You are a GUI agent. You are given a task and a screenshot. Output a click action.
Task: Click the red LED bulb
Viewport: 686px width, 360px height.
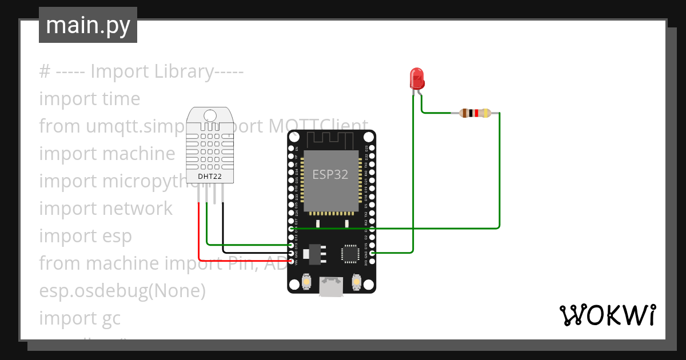(x=417, y=78)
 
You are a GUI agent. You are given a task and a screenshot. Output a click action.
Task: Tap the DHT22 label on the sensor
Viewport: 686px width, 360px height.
(x=210, y=177)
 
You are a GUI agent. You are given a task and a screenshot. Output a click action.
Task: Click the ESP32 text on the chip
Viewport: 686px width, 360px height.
(x=330, y=174)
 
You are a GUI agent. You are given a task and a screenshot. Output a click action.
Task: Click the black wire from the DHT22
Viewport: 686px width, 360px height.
(x=223, y=229)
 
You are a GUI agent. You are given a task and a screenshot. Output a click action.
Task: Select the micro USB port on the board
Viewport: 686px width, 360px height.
(x=332, y=286)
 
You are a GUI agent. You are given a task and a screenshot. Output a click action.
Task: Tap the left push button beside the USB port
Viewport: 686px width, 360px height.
(x=307, y=282)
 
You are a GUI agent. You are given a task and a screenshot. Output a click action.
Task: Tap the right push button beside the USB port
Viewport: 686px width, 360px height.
(x=356, y=282)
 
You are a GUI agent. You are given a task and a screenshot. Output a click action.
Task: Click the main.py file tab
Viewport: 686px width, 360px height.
(x=88, y=25)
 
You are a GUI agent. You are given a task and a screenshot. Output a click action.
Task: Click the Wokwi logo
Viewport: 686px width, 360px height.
(x=607, y=315)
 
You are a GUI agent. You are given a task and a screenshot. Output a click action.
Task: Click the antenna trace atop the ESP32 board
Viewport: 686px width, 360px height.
(x=332, y=139)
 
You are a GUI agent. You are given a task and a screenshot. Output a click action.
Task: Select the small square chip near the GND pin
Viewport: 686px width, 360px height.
(x=349, y=253)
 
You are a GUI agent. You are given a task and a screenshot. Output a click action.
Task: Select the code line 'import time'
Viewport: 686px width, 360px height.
(x=90, y=99)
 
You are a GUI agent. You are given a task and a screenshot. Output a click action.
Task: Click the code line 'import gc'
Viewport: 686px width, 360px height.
(x=80, y=318)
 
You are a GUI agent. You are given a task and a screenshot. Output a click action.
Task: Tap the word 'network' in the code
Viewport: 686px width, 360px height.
(x=137, y=209)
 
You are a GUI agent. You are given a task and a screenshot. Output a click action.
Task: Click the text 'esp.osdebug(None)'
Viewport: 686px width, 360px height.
(x=122, y=291)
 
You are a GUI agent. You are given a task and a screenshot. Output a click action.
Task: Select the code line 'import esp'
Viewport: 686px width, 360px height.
(x=86, y=236)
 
